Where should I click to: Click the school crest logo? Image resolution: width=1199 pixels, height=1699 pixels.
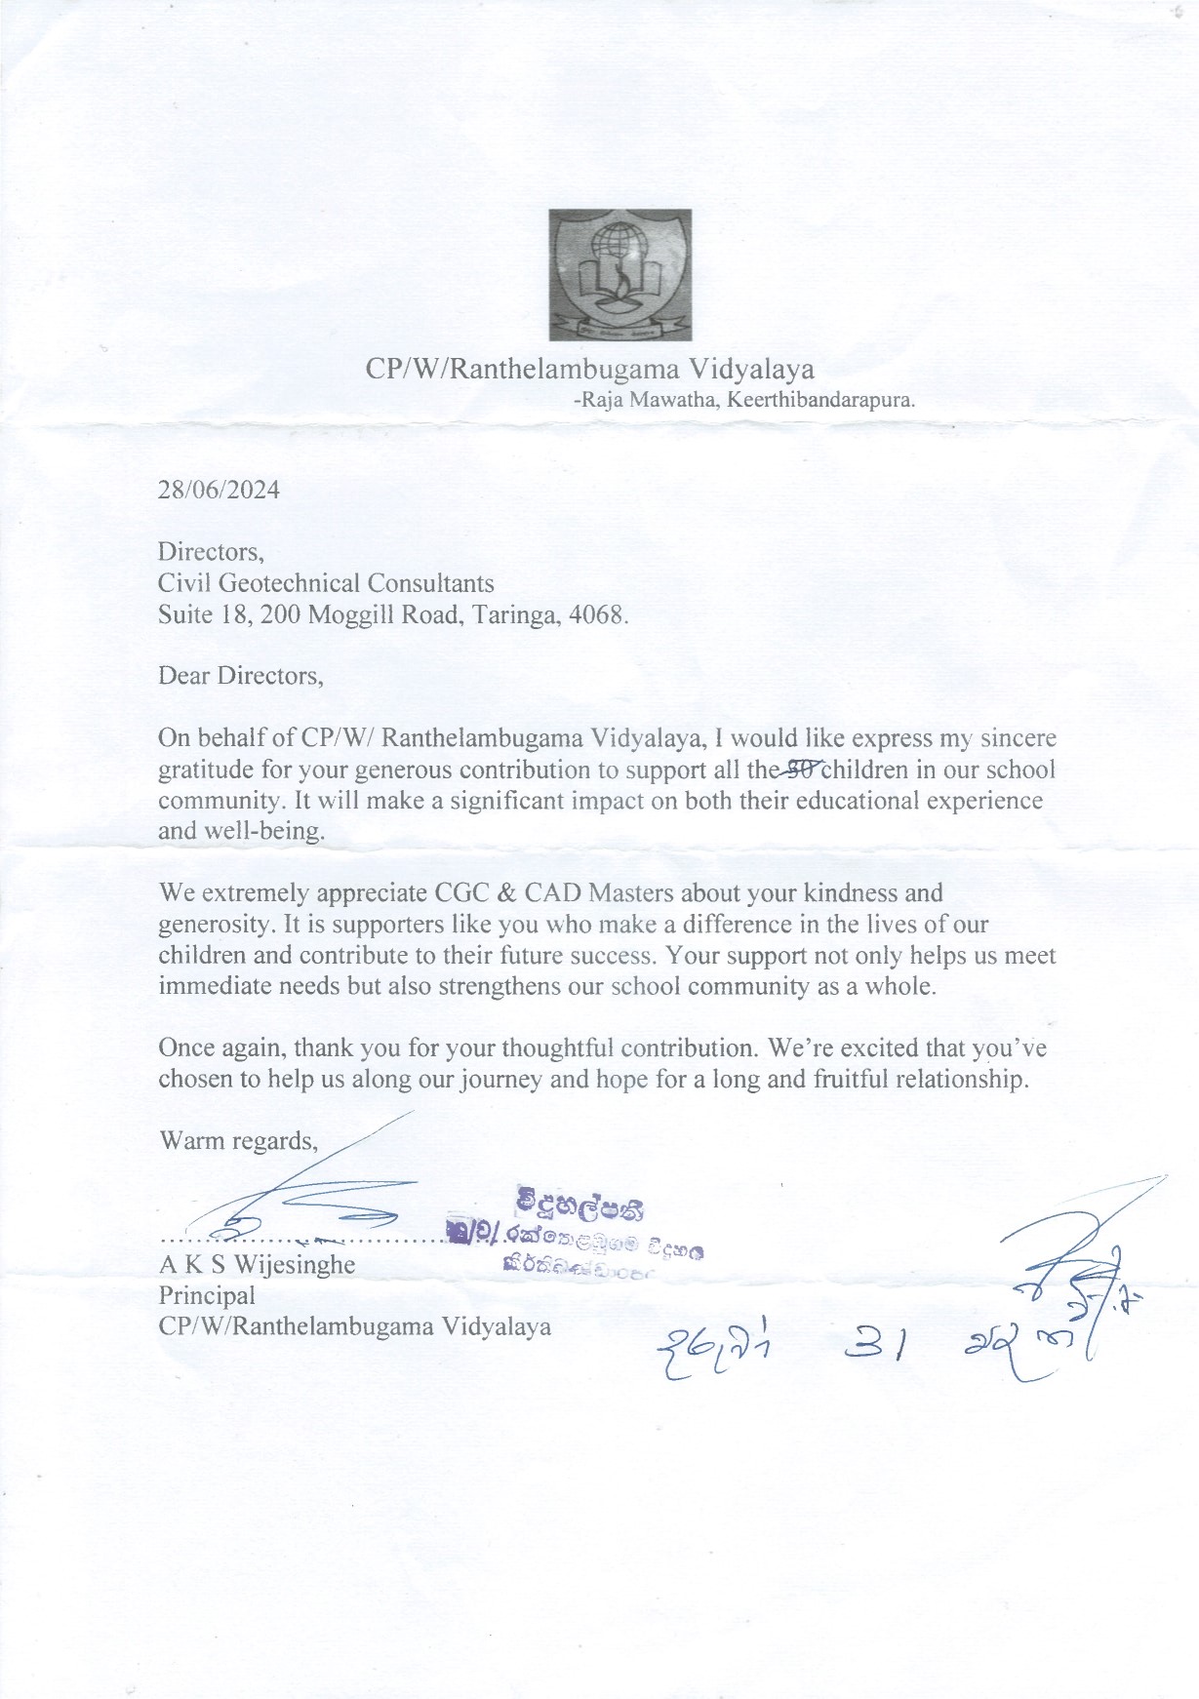pos(620,275)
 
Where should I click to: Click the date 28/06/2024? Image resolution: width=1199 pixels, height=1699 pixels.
pos(219,490)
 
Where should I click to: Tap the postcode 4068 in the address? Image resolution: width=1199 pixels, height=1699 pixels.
pos(598,615)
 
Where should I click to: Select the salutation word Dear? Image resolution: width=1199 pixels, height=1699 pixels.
pos(184,676)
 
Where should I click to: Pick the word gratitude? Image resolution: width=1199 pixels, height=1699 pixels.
pos(204,770)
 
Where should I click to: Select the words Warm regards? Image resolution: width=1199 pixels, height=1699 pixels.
pos(238,1141)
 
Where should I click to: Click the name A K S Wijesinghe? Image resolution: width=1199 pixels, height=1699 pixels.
pos(257,1266)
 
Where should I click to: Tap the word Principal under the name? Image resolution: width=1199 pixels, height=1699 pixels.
pos(207,1295)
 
